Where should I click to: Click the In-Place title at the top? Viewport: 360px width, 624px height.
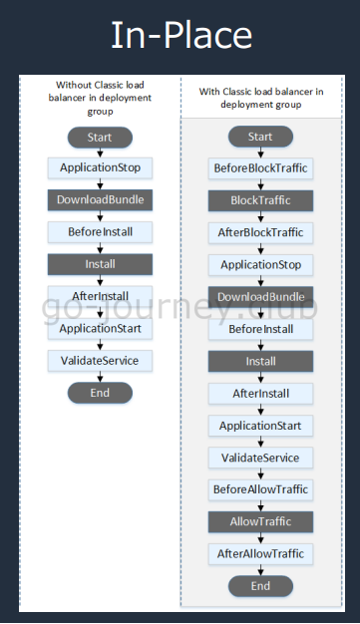180,36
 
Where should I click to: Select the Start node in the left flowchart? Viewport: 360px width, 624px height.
100,137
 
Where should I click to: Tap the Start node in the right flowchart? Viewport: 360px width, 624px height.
260,137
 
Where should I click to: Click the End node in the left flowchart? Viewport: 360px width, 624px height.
100,392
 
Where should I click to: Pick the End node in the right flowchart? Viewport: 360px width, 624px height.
260,586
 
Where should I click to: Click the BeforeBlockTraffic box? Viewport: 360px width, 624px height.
260,168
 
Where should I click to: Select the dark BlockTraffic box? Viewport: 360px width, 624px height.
260,200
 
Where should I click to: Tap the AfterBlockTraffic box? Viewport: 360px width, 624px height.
260,232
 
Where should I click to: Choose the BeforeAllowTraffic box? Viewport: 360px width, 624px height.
260,489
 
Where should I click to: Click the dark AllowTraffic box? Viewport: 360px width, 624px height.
260,521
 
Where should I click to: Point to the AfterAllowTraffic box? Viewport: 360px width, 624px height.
260,553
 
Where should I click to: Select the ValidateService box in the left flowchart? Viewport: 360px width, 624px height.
100,360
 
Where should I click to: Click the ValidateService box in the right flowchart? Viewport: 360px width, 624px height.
260,458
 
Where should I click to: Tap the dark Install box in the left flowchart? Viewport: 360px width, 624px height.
100,264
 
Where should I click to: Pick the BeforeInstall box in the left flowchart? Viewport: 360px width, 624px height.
100,232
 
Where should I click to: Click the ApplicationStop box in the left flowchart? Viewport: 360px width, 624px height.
100,168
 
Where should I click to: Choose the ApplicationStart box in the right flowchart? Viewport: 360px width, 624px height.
260,426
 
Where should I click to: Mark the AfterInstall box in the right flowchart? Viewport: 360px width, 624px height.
260,394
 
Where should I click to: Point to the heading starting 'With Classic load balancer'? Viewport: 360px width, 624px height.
260,97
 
